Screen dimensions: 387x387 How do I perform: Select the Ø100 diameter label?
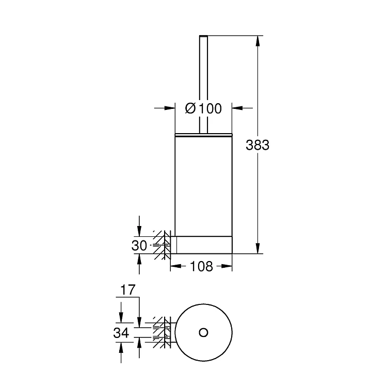[x=203, y=108]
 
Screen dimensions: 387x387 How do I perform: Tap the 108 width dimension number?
[x=202, y=266]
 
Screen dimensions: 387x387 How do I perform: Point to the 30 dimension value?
[x=139, y=246]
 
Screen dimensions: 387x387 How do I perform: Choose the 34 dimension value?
[x=121, y=333]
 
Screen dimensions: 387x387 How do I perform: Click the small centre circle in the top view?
[x=203, y=332]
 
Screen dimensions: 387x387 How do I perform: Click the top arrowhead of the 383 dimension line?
[x=257, y=39]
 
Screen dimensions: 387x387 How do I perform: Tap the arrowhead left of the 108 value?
[x=174, y=266]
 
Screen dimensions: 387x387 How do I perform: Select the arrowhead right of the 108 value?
[x=228, y=266]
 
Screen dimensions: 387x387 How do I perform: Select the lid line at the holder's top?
[x=203, y=134]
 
